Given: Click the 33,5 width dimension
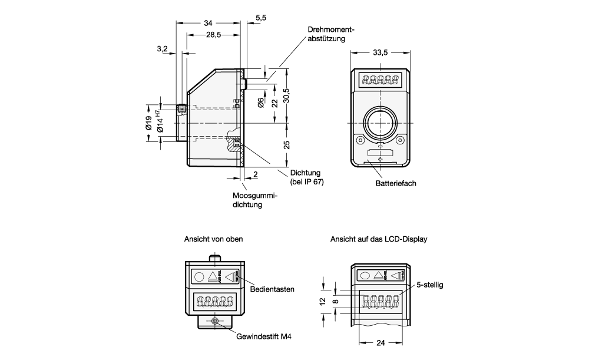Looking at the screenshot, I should tap(380, 52).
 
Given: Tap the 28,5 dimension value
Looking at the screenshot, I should tap(213, 35).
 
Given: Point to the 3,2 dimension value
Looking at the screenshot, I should tap(163, 48).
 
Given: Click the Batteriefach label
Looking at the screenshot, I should tap(396, 183).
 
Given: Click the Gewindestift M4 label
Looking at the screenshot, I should tap(264, 336).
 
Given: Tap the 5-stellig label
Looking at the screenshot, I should tap(429, 284).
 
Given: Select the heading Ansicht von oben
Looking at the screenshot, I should tap(213, 239).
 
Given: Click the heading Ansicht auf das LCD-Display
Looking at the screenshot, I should tap(379, 239).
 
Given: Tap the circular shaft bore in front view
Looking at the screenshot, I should tap(380, 123).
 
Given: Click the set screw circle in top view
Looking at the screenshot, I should tap(216, 321).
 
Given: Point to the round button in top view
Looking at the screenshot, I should tap(200, 276).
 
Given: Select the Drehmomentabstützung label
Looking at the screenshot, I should tap(330, 34).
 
